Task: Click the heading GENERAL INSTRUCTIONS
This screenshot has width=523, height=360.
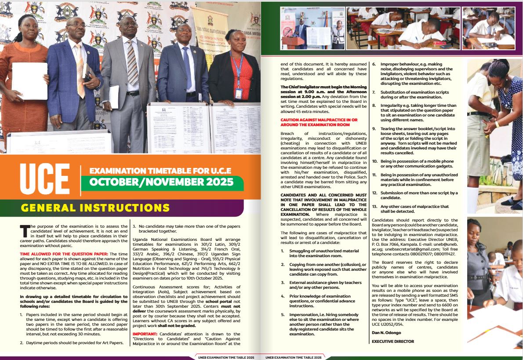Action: (95, 207)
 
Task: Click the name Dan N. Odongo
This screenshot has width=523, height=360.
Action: (386, 333)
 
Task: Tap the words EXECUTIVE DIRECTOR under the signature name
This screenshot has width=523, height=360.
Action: (393, 341)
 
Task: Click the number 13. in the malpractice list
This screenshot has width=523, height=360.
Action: (375, 207)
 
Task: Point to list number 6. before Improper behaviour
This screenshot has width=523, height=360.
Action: (374, 64)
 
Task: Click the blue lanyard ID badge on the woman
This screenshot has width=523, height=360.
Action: (238, 94)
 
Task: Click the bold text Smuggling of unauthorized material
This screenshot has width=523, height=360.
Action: (320, 251)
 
